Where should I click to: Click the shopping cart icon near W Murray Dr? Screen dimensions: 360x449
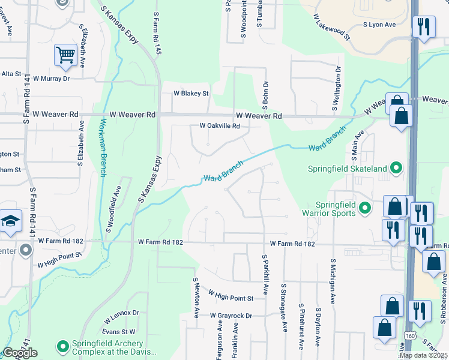coord(66,56)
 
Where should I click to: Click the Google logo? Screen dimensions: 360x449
coord(19,353)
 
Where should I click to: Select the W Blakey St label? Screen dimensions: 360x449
coord(191,94)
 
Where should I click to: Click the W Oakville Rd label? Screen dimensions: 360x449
coord(220,127)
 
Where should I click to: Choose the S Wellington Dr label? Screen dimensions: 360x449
coord(338,85)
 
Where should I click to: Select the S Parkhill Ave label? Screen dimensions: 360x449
coord(265,274)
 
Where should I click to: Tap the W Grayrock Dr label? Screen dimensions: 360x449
coord(232,316)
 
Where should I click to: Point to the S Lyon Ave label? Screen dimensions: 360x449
coord(379,25)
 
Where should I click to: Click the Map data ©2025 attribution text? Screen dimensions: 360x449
coord(423,355)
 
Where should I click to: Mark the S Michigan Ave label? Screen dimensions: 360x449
coord(332,283)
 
